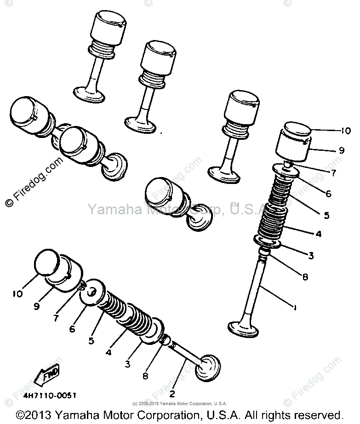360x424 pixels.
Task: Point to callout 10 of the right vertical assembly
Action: point(345,130)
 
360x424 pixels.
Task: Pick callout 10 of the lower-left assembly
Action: point(17,293)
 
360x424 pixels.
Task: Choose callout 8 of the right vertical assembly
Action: point(305,277)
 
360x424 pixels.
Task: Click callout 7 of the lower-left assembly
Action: point(56,317)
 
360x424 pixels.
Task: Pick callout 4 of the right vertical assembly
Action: point(318,234)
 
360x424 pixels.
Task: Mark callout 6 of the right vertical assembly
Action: point(327,194)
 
